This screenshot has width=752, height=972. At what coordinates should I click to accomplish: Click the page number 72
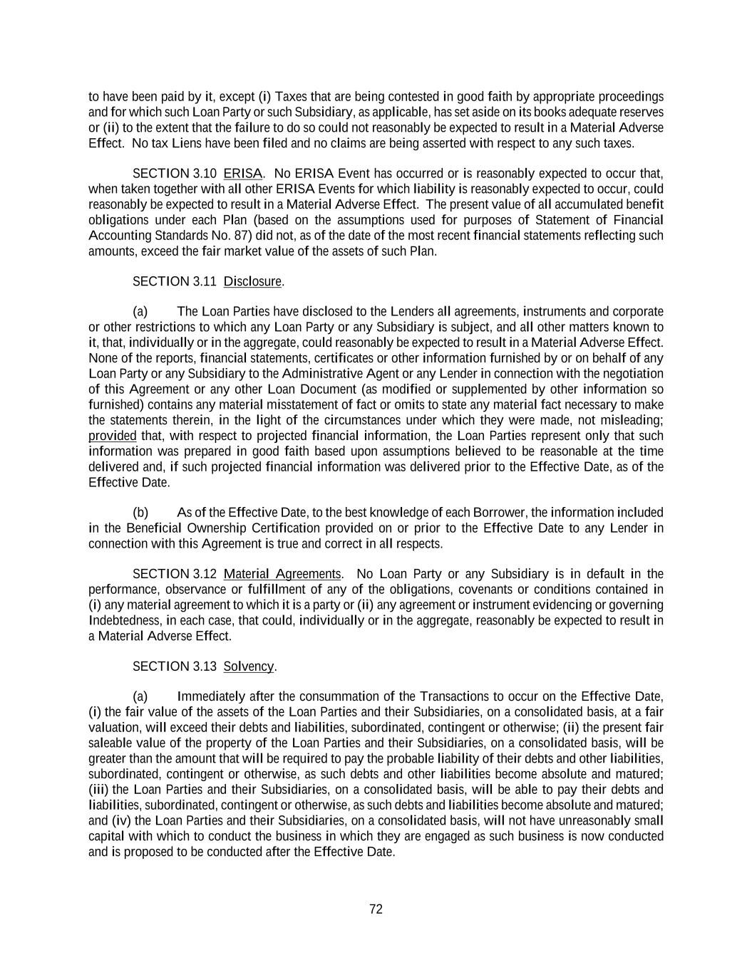376,909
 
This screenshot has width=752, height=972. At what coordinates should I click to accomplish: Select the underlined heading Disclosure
253,281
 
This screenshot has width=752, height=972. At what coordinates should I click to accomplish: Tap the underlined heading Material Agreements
282,574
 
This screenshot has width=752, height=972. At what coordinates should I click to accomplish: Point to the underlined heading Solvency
249,667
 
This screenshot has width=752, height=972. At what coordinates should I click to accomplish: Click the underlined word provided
112,436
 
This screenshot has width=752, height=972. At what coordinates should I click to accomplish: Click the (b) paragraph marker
140,513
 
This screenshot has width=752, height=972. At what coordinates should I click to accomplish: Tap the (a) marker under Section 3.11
140,312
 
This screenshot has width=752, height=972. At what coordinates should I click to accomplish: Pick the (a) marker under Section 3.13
140,696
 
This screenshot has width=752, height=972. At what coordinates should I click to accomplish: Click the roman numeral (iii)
99,789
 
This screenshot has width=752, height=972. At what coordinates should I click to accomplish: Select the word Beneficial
153,528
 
